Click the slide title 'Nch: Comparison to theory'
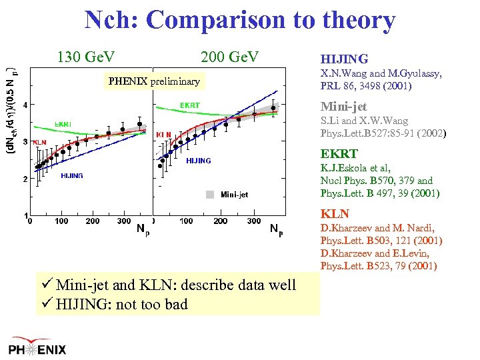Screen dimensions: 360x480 point(239,20)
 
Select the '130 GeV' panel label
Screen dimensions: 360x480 point(86,57)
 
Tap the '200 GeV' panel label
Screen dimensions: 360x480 point(229,57)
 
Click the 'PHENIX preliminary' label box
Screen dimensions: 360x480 point(154,81)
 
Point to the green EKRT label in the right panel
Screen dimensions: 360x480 point(189,105)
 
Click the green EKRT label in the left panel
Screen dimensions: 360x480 point(63,125)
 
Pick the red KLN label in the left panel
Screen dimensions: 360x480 point(39,142)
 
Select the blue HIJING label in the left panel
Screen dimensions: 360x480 point(71,176)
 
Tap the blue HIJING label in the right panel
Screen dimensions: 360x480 point(198,161)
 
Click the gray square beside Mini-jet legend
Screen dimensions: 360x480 point(209,195)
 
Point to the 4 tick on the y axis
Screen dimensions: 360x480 point(25,105)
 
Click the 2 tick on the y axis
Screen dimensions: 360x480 point(25,179)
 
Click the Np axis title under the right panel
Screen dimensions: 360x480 point(276,230)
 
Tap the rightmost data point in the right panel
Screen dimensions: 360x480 point(273,107)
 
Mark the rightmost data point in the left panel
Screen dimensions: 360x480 point(139,124)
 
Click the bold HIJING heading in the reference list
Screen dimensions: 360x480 point(344,59)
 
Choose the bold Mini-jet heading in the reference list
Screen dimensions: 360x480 point(343,107)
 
